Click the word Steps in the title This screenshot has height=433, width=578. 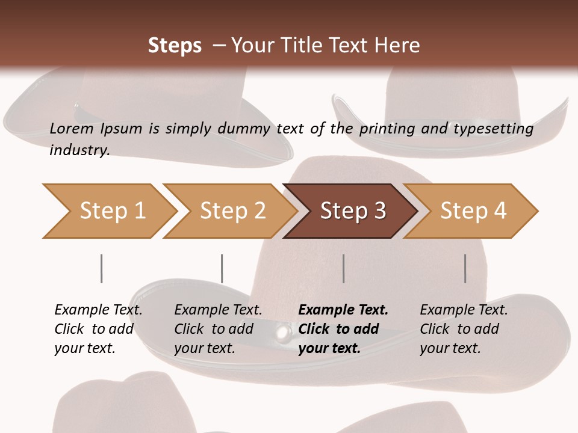tap(175, 46)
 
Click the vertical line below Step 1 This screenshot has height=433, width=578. tap(101, 268)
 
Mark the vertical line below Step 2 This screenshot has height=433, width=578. tap(222, 268)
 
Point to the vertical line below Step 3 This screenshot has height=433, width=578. tap(343, 268)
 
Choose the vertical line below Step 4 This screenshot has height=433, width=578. tap(465, 268)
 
